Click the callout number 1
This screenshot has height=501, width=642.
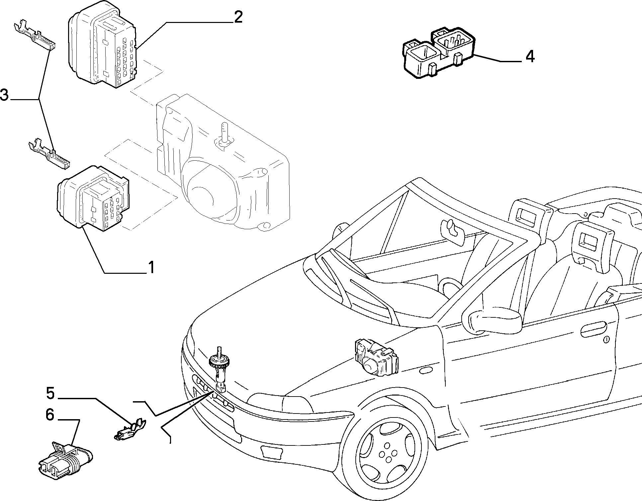pyautogui.click(x=151, y=267)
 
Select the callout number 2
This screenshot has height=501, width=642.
pyautogui.click(x=238, y=17)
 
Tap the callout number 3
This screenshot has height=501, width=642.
pyautogui.click(x=4, y=94)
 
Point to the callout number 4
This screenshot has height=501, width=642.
pyautogui.click(x=530, y=56)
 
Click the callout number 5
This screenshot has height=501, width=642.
pyautogui.click(x=50, y=393)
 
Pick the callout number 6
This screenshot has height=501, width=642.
pyautogui.click(x=49, y=415)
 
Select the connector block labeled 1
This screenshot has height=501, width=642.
pyautogui.click(x=93, y=198)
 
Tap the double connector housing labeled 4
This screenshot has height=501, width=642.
pyautogui.click(x=439, y=54)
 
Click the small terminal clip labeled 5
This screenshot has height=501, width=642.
pyautogui.click(x=130, y=430)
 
